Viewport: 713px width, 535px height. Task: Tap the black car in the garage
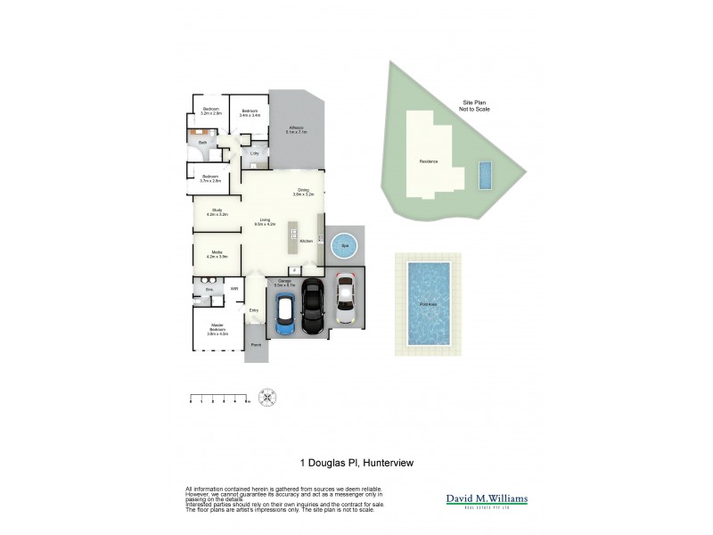coord(312,307)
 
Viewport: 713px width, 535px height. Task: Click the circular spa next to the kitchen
coord(343,244)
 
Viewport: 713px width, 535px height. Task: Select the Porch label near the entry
coord(256,344)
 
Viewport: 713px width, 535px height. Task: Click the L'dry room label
coord(255,153)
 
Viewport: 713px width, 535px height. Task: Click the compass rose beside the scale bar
coord(266,397)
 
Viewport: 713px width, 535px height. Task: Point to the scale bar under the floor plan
coord(219,398)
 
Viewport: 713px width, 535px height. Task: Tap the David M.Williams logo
coord(487,500)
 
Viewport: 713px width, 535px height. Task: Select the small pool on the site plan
coord(484,175)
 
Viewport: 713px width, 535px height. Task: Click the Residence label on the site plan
coord(429,161)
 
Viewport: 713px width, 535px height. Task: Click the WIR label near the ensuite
coord(234,290)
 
